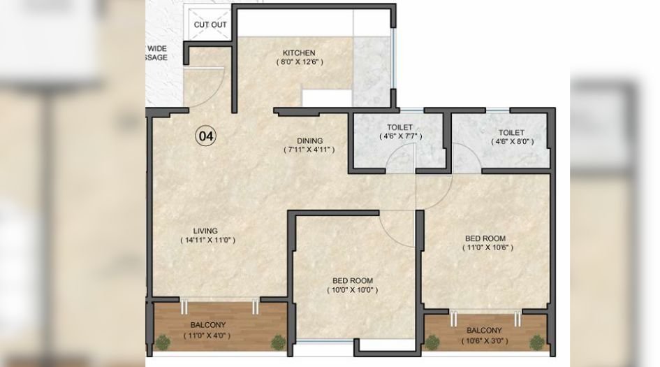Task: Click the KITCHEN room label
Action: point(299,53)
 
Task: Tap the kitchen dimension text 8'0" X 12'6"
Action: point(299,62)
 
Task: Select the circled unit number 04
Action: point(205,136)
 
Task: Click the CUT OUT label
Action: point(210,24)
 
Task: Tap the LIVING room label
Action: point(205,231)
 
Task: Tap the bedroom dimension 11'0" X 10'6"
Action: point(489,247)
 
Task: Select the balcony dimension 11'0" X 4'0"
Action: point(207,336)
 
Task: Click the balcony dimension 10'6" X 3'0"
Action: point(483,340)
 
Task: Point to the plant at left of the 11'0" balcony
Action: point(163,342)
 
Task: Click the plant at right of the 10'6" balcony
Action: point(537,342)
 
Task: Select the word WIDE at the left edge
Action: point(156,48)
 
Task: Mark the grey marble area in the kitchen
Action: point(372,70)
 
